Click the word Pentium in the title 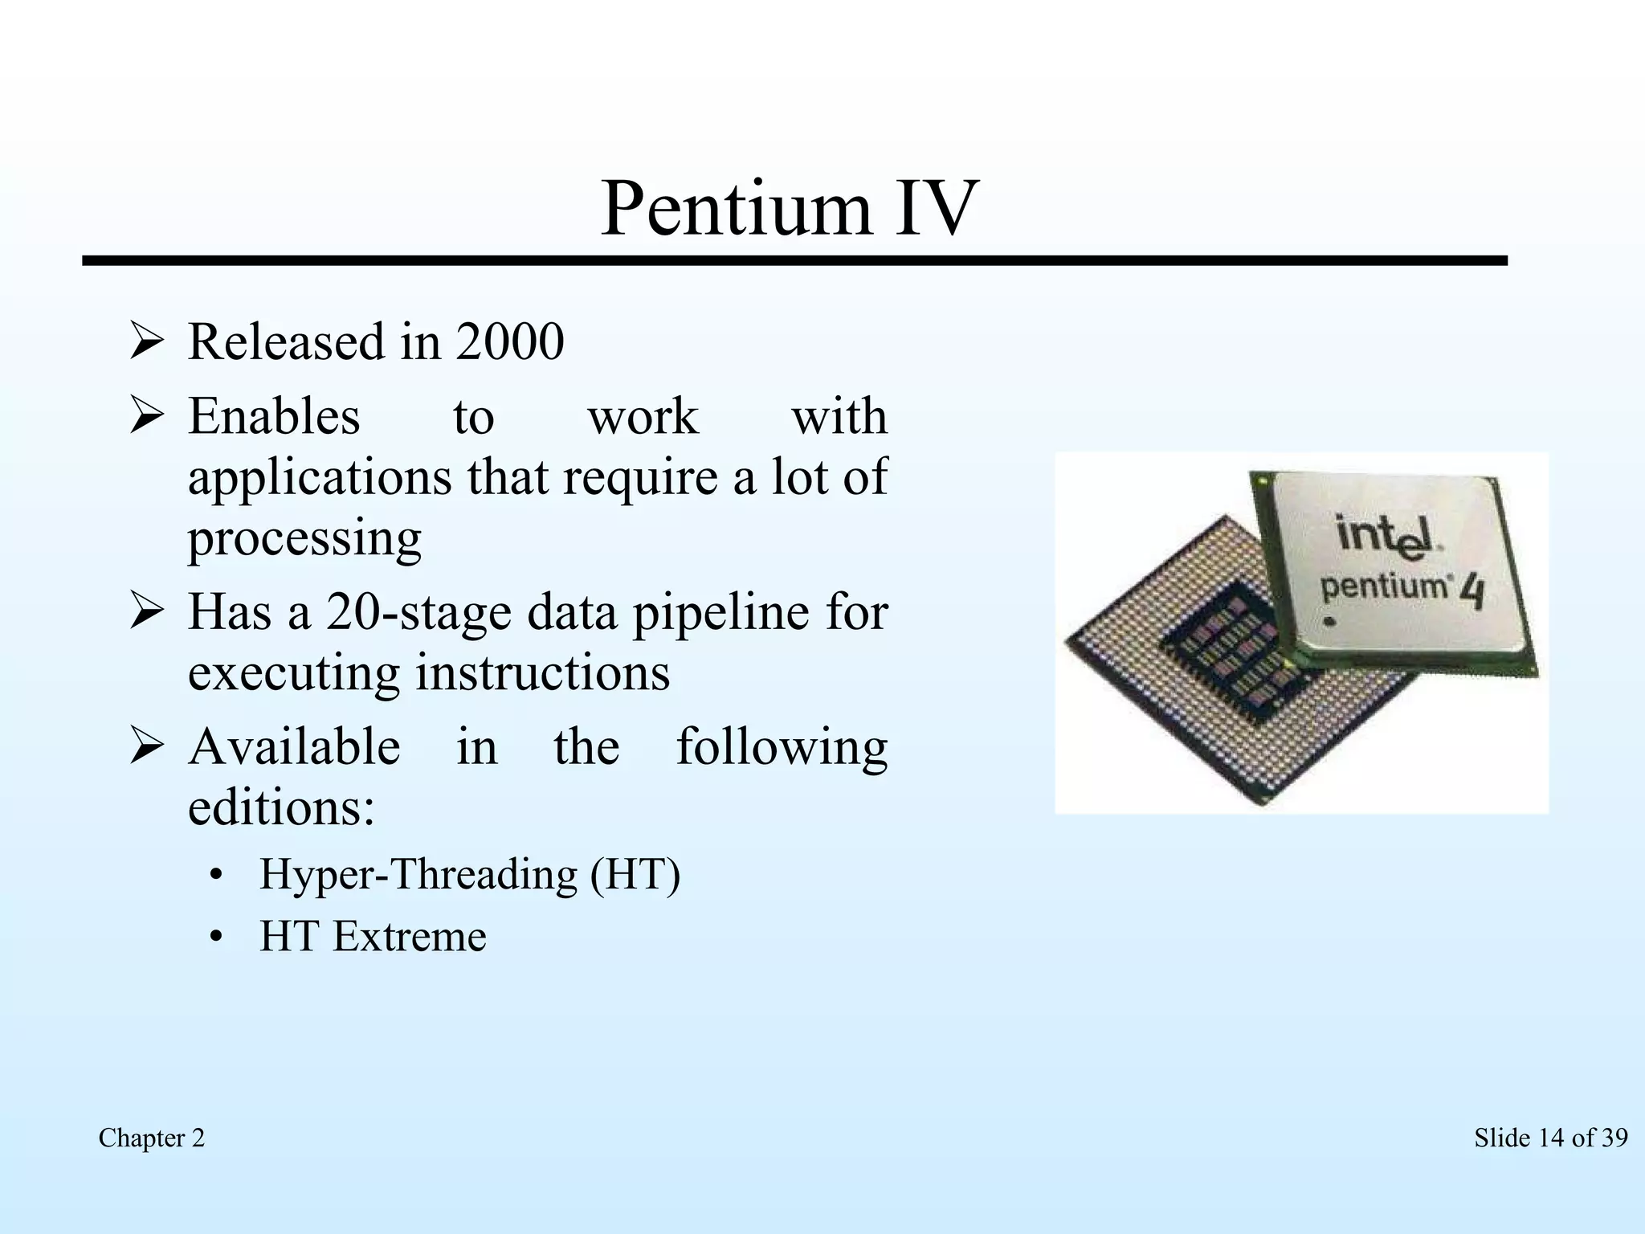pos(736,210)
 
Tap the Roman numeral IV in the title pos(936,210)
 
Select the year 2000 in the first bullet pos(510,342)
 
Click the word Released pos(287,342)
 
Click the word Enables pos(274,417)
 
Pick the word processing pos(304,539)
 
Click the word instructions pos(542,673)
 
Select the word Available pos(294,747)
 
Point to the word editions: pos(281,807)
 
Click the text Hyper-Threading pos(418,875)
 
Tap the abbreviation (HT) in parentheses pos(635,875)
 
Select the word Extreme pos(409,937)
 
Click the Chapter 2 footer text pos(152,1138)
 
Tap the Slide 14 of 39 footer pos(1550,1138)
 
